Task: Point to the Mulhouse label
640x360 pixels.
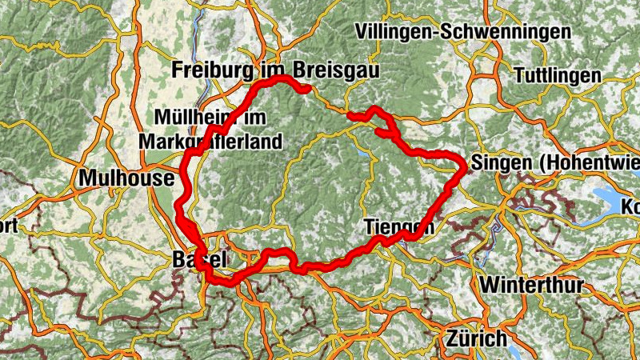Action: (x=126, y=178)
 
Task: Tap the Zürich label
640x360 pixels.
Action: (x=478, y=337)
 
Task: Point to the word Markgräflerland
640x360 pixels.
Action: (x=210, y=142)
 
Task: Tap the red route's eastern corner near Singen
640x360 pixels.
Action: (x=464, y=166)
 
